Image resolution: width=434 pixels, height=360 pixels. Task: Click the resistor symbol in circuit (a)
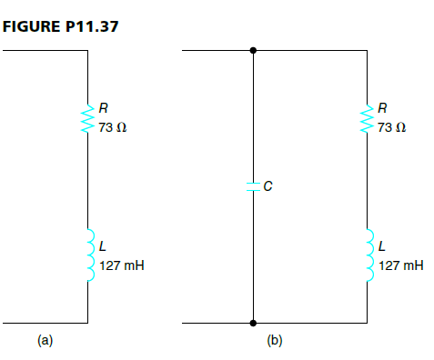click(89, 120)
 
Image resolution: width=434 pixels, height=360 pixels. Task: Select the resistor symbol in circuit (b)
click(368, 120)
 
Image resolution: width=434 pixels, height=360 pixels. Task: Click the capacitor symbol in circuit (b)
click(253, 186)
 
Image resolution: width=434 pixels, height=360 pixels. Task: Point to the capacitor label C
click(268, 187)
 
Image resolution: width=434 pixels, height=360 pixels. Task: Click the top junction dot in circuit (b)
click(253, 51)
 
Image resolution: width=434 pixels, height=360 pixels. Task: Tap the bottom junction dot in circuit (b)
click(253, 323)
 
